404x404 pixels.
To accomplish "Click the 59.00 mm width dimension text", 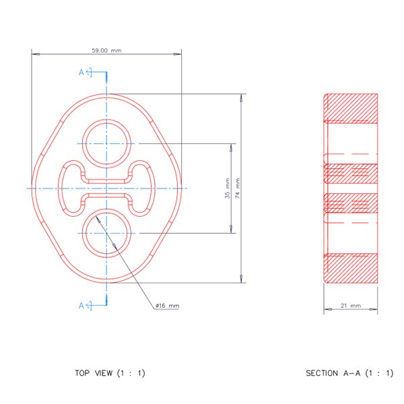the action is [x=106, y=50].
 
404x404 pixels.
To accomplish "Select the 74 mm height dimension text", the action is [x=238, y=188].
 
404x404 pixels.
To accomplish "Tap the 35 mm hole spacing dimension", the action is [x=228, y=188].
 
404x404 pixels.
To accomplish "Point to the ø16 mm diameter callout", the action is [x=167, y=306].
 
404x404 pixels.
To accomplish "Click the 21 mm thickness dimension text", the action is [x=351, y=306].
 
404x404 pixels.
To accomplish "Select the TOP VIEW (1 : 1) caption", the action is [x=110, y=373].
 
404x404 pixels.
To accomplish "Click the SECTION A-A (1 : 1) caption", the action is [x=349, y=373].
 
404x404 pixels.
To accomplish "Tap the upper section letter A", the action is [x=81, y=73].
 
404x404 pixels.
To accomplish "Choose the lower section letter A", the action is [x=81, y=306].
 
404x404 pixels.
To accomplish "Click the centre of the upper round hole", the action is [x=106, y=143].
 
